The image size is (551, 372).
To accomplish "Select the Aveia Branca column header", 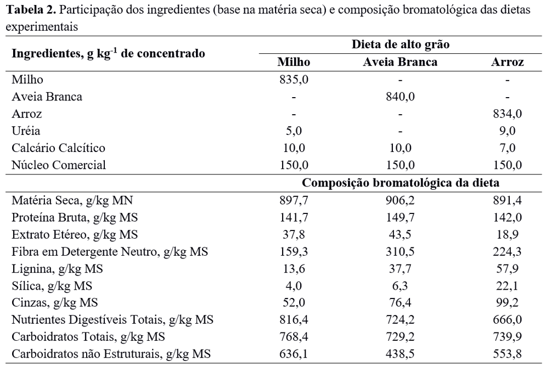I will tap(400, 62).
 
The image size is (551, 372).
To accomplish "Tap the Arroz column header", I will tap(507, 62).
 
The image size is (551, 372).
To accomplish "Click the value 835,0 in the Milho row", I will tap(294, 80).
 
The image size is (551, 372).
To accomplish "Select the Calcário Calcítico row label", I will tap(58, 148).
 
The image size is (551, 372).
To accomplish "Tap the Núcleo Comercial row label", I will tap(59, 165).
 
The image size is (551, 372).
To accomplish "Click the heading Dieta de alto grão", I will tap(400, 45).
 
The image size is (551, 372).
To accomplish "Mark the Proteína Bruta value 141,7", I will tap(294, 217).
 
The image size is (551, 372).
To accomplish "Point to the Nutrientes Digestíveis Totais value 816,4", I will tap(294, 320).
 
